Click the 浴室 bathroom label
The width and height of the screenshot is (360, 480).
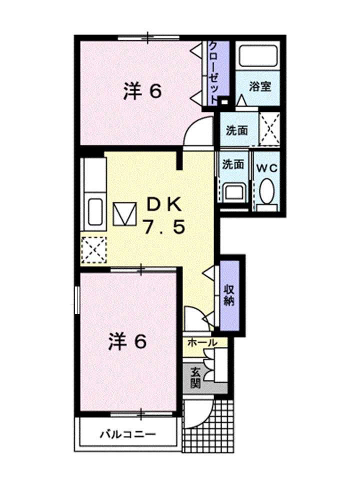pos(260,86)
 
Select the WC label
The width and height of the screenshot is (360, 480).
pos(266,168)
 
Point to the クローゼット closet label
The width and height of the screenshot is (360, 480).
pos(213,71)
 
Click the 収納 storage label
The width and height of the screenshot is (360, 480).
pos(229,295)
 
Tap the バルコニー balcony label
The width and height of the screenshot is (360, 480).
pos(127,433)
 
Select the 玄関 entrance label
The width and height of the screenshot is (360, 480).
pos(194,378)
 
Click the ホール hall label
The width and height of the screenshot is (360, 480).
pos(202,343)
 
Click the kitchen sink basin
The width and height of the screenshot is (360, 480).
pos(95,212)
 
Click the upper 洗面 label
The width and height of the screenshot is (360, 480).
pos(236,131)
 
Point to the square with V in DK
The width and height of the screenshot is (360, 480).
pos(124,213)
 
